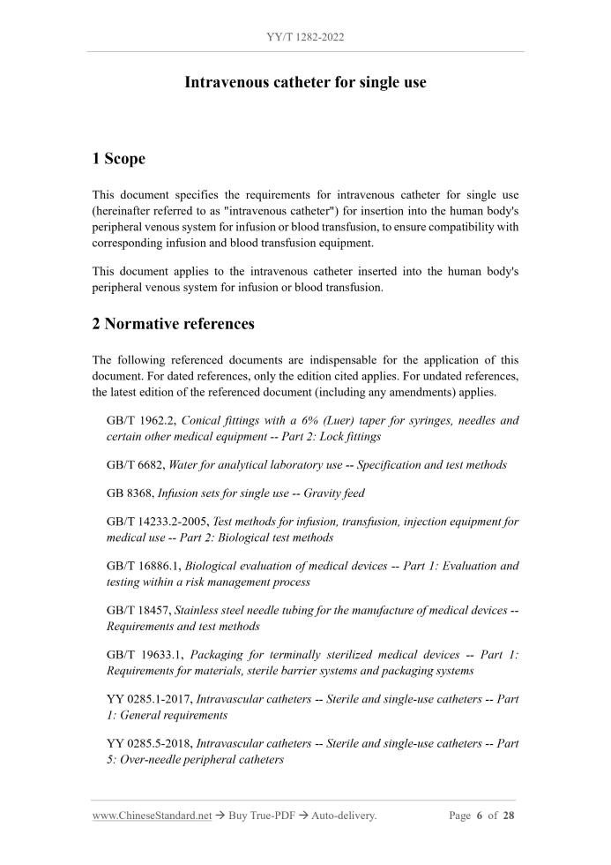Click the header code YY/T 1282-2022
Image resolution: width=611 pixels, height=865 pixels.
305,39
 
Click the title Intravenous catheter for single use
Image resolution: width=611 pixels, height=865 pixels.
305,83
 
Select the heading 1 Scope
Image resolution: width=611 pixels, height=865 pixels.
119,159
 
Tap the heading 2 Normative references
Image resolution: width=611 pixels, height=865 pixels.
174,324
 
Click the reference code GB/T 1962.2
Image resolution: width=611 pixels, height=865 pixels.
141,421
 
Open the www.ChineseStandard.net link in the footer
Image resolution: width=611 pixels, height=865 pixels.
152,816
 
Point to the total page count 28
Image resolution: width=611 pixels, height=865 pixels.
509,816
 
